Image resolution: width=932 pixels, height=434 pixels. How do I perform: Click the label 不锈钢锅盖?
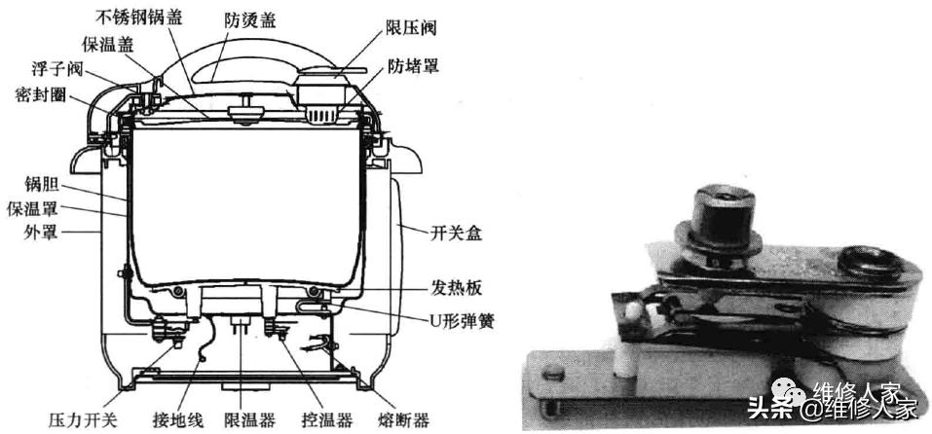[x=139, y=16]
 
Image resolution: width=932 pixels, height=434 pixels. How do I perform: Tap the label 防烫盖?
[x=249, y=21]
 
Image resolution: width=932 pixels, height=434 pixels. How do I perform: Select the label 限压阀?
[x=410, y=27]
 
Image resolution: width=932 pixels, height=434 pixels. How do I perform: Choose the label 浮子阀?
[x=57, y=69]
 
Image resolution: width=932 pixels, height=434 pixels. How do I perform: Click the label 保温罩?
[x=32, y=209]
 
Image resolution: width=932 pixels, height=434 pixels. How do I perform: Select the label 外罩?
[x=41, y=233]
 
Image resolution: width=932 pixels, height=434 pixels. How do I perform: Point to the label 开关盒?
[x=456, y=234]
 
